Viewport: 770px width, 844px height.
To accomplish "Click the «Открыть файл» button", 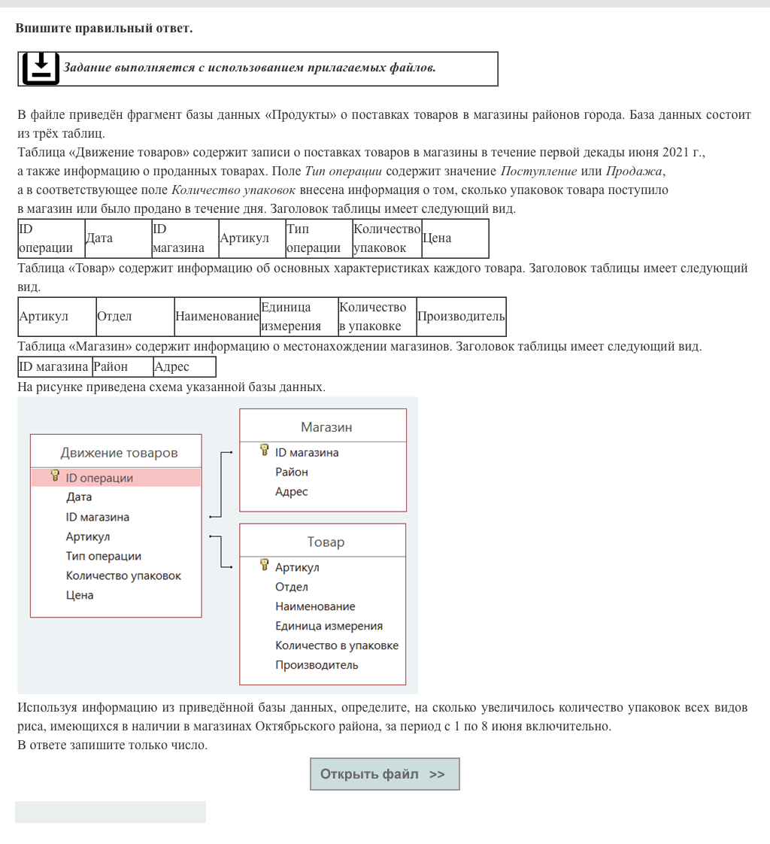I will [384, 774].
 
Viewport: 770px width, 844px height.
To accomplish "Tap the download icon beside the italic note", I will [41, 68].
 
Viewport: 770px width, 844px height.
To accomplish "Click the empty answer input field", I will [111, 812].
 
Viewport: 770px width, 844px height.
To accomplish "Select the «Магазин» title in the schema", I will [326, 427].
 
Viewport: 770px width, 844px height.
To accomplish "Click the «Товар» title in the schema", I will [326, 542].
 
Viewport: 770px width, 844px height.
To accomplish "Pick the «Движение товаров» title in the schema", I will [119, 453].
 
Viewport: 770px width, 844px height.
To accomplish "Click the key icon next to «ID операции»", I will [55, 476].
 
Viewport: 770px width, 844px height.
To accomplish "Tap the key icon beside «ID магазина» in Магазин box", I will [264, 451].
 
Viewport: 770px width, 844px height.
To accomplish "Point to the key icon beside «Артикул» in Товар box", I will [264, 566].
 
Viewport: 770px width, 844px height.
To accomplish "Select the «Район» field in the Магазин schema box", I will [292, 472].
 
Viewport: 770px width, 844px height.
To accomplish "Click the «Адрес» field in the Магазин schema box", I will [292, 492].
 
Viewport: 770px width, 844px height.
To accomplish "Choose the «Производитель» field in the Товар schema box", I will [317, 665].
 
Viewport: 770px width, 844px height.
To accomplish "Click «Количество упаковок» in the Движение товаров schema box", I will [123, 576].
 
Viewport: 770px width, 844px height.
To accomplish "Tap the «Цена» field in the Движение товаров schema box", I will [80, 596].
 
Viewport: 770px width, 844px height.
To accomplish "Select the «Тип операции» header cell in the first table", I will [313, 238].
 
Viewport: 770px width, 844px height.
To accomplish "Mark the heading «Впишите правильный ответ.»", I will [104, 29].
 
